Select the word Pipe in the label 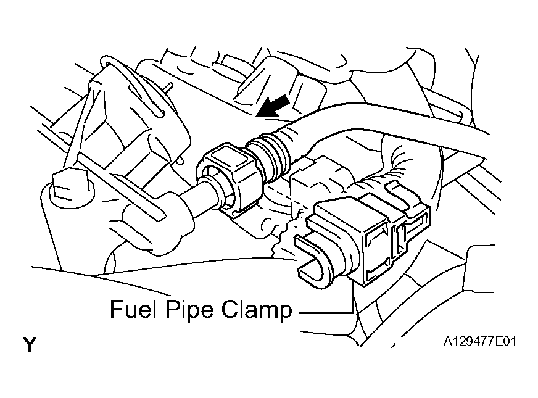(x=189, y=310)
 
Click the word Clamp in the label (x=257, y=310)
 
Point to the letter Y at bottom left (x=30, y=344)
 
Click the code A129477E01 (x=479, y=342)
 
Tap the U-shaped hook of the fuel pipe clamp (x=313, y=259)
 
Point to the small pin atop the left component (x=167, y=88)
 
